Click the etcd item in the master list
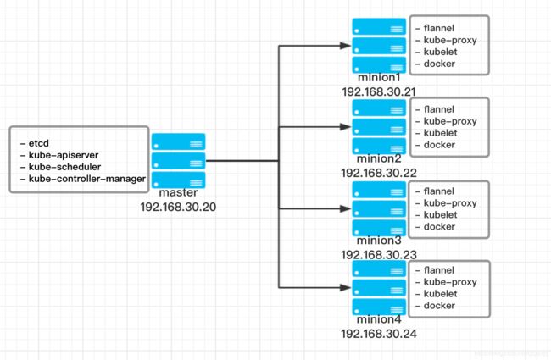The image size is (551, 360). [x=39, y=143]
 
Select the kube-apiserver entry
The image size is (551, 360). [x=64, y=155]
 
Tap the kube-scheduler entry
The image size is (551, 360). [x=65, y=167]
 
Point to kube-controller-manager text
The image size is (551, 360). [x=87, y=179]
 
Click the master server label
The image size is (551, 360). [x=178, y=192]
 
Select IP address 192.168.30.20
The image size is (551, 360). [x=178, y=207]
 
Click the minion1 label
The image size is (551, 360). [x=379, y=78]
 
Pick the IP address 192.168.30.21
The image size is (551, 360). [x=379, y=92]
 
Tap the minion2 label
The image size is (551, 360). [x=379, y=158]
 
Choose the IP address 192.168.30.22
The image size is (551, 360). [x=379, y=173]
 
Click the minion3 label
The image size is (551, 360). [x=379, y=241]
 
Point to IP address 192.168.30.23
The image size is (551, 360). [x=379, y=255]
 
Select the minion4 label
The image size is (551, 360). [x=379, y=319]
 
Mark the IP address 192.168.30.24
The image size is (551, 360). [x=379, y=334]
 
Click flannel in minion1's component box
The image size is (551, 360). [x=439, y=28]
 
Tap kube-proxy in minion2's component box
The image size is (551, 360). [x=450, y=121]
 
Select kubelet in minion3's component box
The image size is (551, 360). [x=440, y=215]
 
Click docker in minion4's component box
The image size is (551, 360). [x=439, y=306]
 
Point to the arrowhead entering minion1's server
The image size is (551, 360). [x=345, y=46]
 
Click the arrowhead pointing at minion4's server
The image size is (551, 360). [x=345, y=288]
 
